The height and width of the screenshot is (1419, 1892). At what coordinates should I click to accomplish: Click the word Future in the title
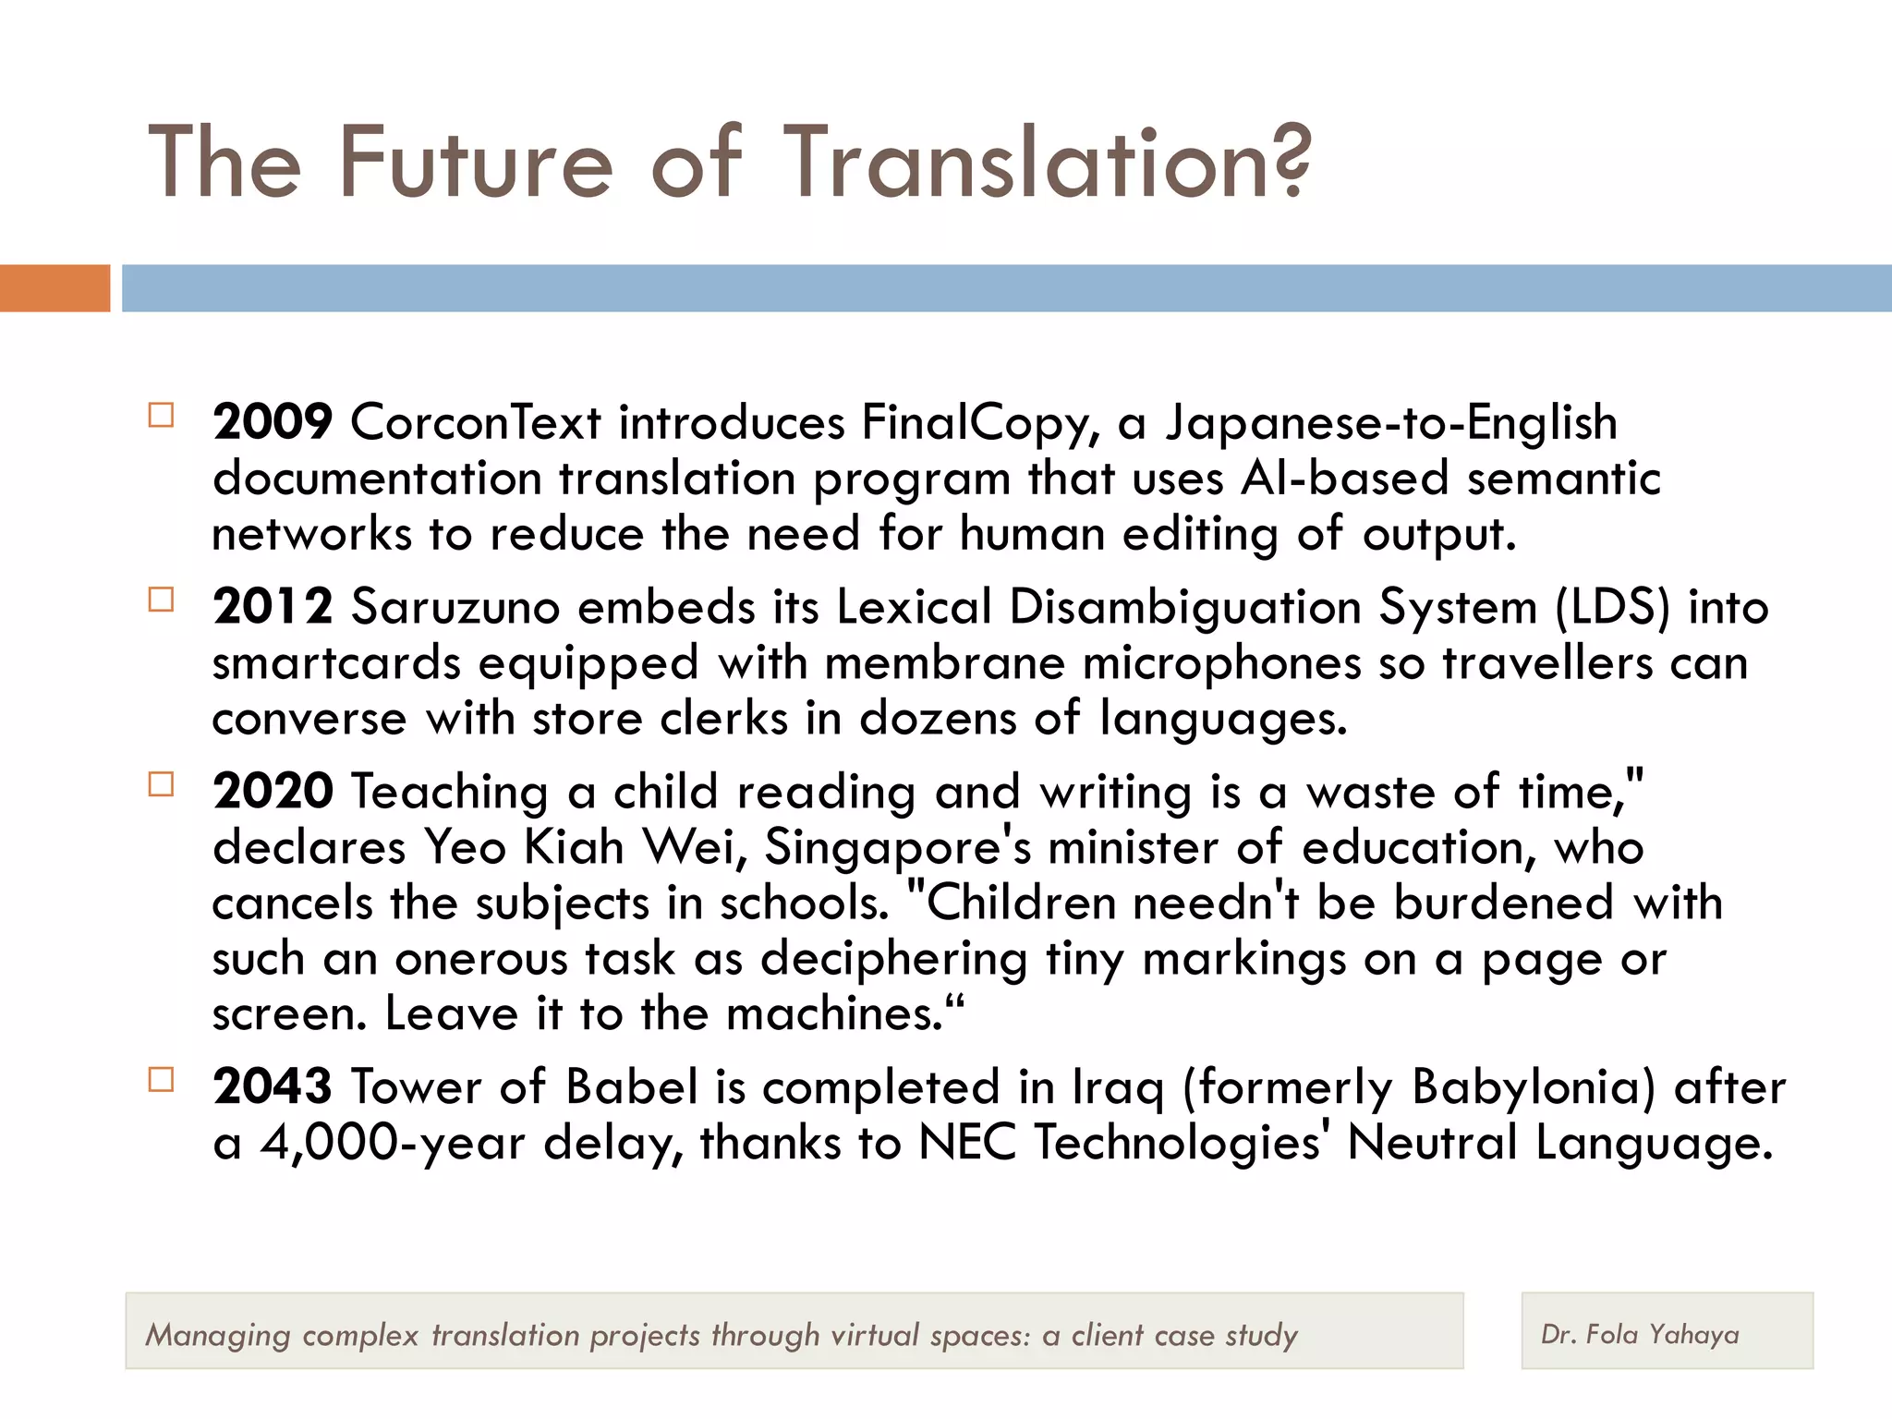tap(476, 164)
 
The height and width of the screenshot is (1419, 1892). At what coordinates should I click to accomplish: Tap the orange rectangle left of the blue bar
tap(55, 288)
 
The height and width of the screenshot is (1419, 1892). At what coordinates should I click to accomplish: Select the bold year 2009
tap(273, 422)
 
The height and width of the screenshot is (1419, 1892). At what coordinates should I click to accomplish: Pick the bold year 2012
tap(273, 607)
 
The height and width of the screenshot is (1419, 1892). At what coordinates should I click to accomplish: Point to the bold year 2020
tap(273, 792)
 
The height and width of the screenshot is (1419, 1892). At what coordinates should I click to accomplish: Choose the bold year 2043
tap(273, 1086)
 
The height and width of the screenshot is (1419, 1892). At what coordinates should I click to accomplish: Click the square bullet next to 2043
tap(161, 1080)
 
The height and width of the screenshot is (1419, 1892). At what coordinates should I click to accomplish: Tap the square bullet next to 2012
tap(161, 600)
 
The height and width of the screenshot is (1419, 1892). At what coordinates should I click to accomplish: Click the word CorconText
tap(475, 423)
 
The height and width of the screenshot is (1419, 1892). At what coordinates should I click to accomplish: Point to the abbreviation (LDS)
tap(1613, 608)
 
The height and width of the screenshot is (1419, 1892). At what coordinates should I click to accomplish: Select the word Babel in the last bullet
tap(631, 1086)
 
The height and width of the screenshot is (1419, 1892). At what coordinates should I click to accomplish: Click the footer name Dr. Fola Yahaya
tap(1640, 1334)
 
